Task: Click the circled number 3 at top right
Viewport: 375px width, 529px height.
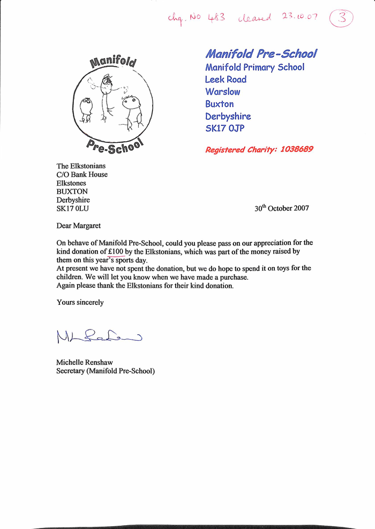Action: [x=341, y=18]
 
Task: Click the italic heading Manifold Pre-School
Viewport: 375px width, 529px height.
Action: [x=261, y=53]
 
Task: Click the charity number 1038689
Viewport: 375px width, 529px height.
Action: [x=292, y=150]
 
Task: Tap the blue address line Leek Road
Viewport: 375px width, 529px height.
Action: [x=226, y=79]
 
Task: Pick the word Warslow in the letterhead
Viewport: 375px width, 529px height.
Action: [x=222, y=91]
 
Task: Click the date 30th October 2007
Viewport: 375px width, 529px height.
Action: [x=281, y=209]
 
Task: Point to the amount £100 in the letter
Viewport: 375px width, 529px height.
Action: [x=115, y=251]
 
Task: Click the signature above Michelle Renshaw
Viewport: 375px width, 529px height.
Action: [x=97, y=336]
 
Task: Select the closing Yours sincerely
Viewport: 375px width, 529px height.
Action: [x=80, y=302]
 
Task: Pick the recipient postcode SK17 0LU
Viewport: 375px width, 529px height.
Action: [x=73, y=209]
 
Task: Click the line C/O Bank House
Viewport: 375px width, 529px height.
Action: [x=81, y=174]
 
